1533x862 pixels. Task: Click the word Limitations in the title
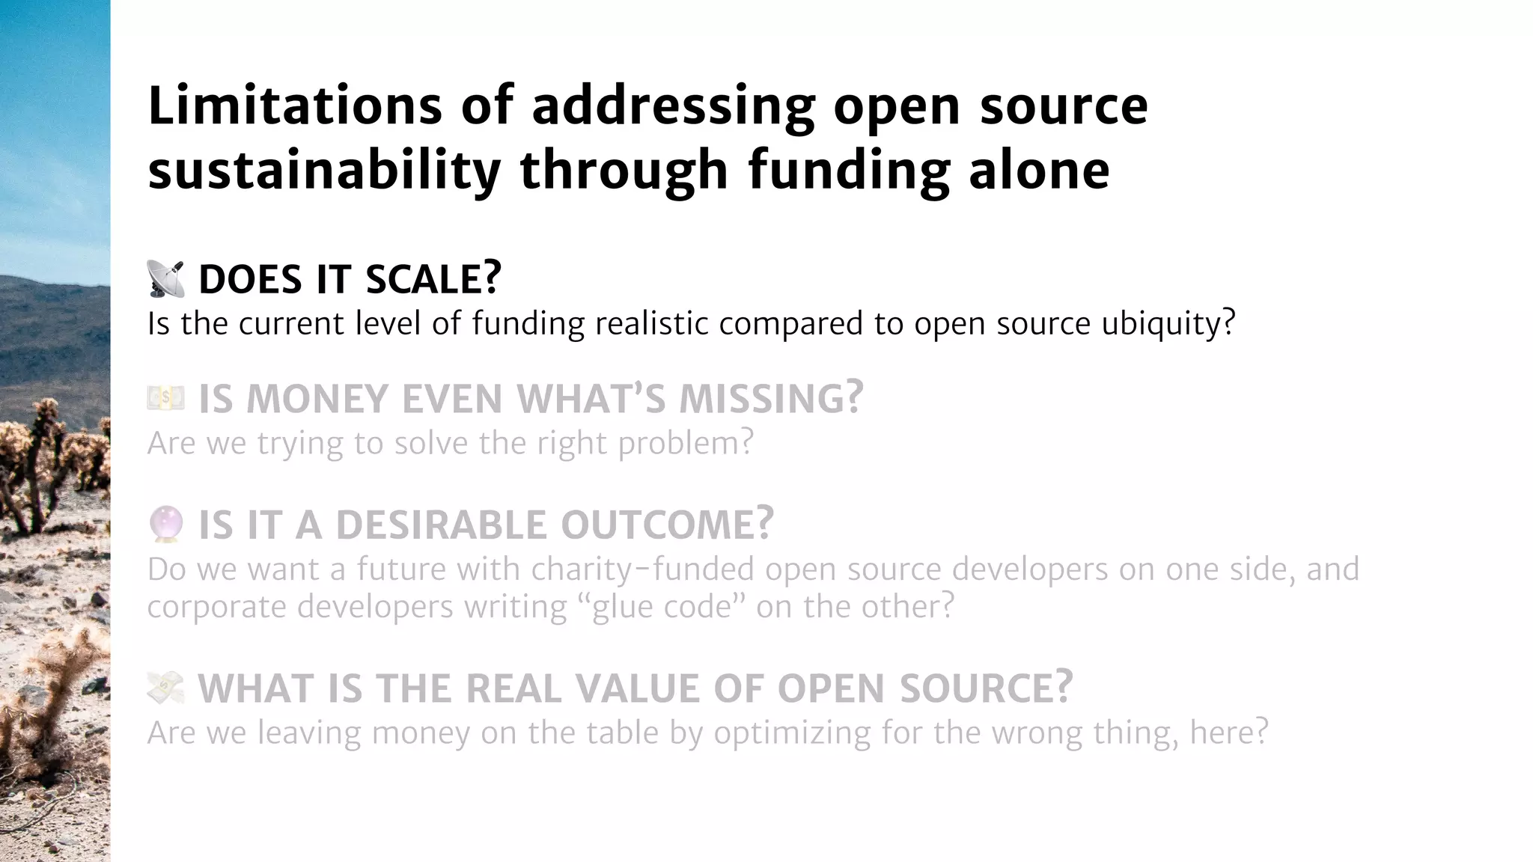(x=295, y=106)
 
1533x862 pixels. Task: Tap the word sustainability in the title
(x=324, y=170)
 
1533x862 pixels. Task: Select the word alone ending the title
(x=1038, y=170)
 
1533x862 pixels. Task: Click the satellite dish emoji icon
(x=165, y=279)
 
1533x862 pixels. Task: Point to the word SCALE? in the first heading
(x=433, y=279)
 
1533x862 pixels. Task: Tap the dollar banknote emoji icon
(x=165, y=398)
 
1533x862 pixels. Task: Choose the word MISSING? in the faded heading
(x=771, y=398)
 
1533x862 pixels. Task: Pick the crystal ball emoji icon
(x=165, y=524)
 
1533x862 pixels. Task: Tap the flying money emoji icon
(x=165, y=688)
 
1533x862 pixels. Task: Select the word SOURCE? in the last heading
(x=986, y=688)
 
